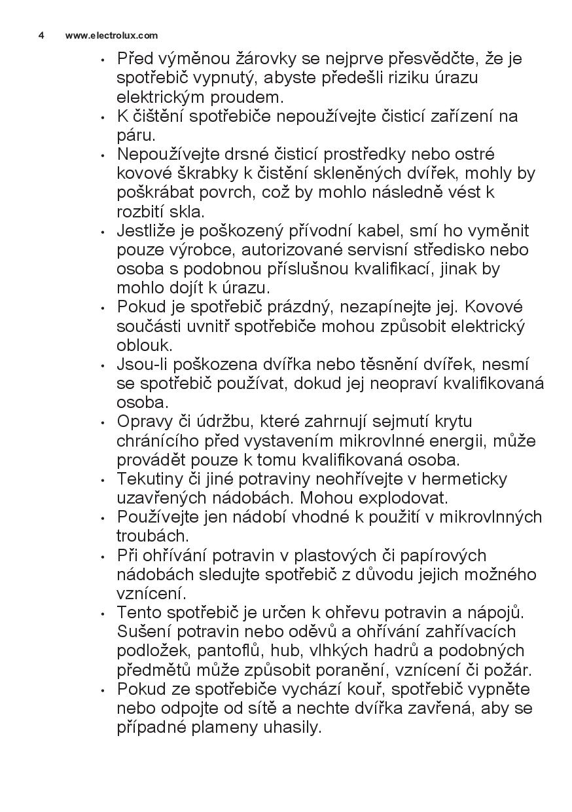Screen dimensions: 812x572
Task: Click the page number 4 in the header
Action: tap(41, 35)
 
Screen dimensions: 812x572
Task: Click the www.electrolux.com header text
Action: tap(111, 35)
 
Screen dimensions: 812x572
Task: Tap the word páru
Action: tap(136, 136)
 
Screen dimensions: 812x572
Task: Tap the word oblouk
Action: tap(145, 345)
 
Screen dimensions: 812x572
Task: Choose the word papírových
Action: tap(445, 555)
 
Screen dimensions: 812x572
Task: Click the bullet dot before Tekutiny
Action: tap(102, 480)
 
